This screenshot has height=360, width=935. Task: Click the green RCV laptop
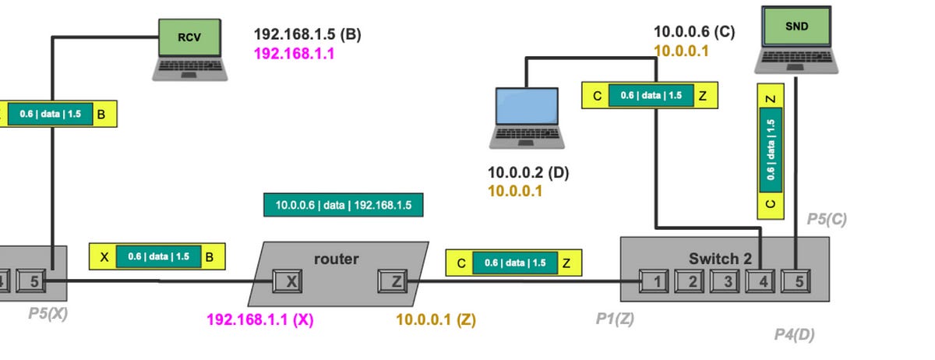(x=190, y=48)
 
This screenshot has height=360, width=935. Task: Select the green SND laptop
(x=796, y=39)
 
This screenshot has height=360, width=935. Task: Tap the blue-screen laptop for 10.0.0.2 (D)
(x=527, y=117)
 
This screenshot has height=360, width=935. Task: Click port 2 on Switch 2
(x=690, y=281)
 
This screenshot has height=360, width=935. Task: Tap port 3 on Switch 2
(x=725, y=281)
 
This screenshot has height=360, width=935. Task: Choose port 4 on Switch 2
(x=760, y=281)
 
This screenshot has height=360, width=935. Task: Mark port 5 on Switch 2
(x=796, y=281)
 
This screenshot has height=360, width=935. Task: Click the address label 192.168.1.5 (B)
(x=307, y=34)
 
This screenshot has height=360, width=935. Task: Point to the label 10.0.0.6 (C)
(x=693, y=32)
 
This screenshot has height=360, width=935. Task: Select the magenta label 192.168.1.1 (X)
(x=259, y=319)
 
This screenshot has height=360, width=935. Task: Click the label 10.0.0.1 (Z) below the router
(x=436, y=319)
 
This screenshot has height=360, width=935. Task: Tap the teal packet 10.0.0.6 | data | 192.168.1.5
(x=344, y=206)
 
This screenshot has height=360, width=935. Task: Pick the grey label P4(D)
(x=794, y=335)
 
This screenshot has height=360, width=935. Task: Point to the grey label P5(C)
(x=826, y=220)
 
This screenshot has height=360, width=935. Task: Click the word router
(x=336, y=259)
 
